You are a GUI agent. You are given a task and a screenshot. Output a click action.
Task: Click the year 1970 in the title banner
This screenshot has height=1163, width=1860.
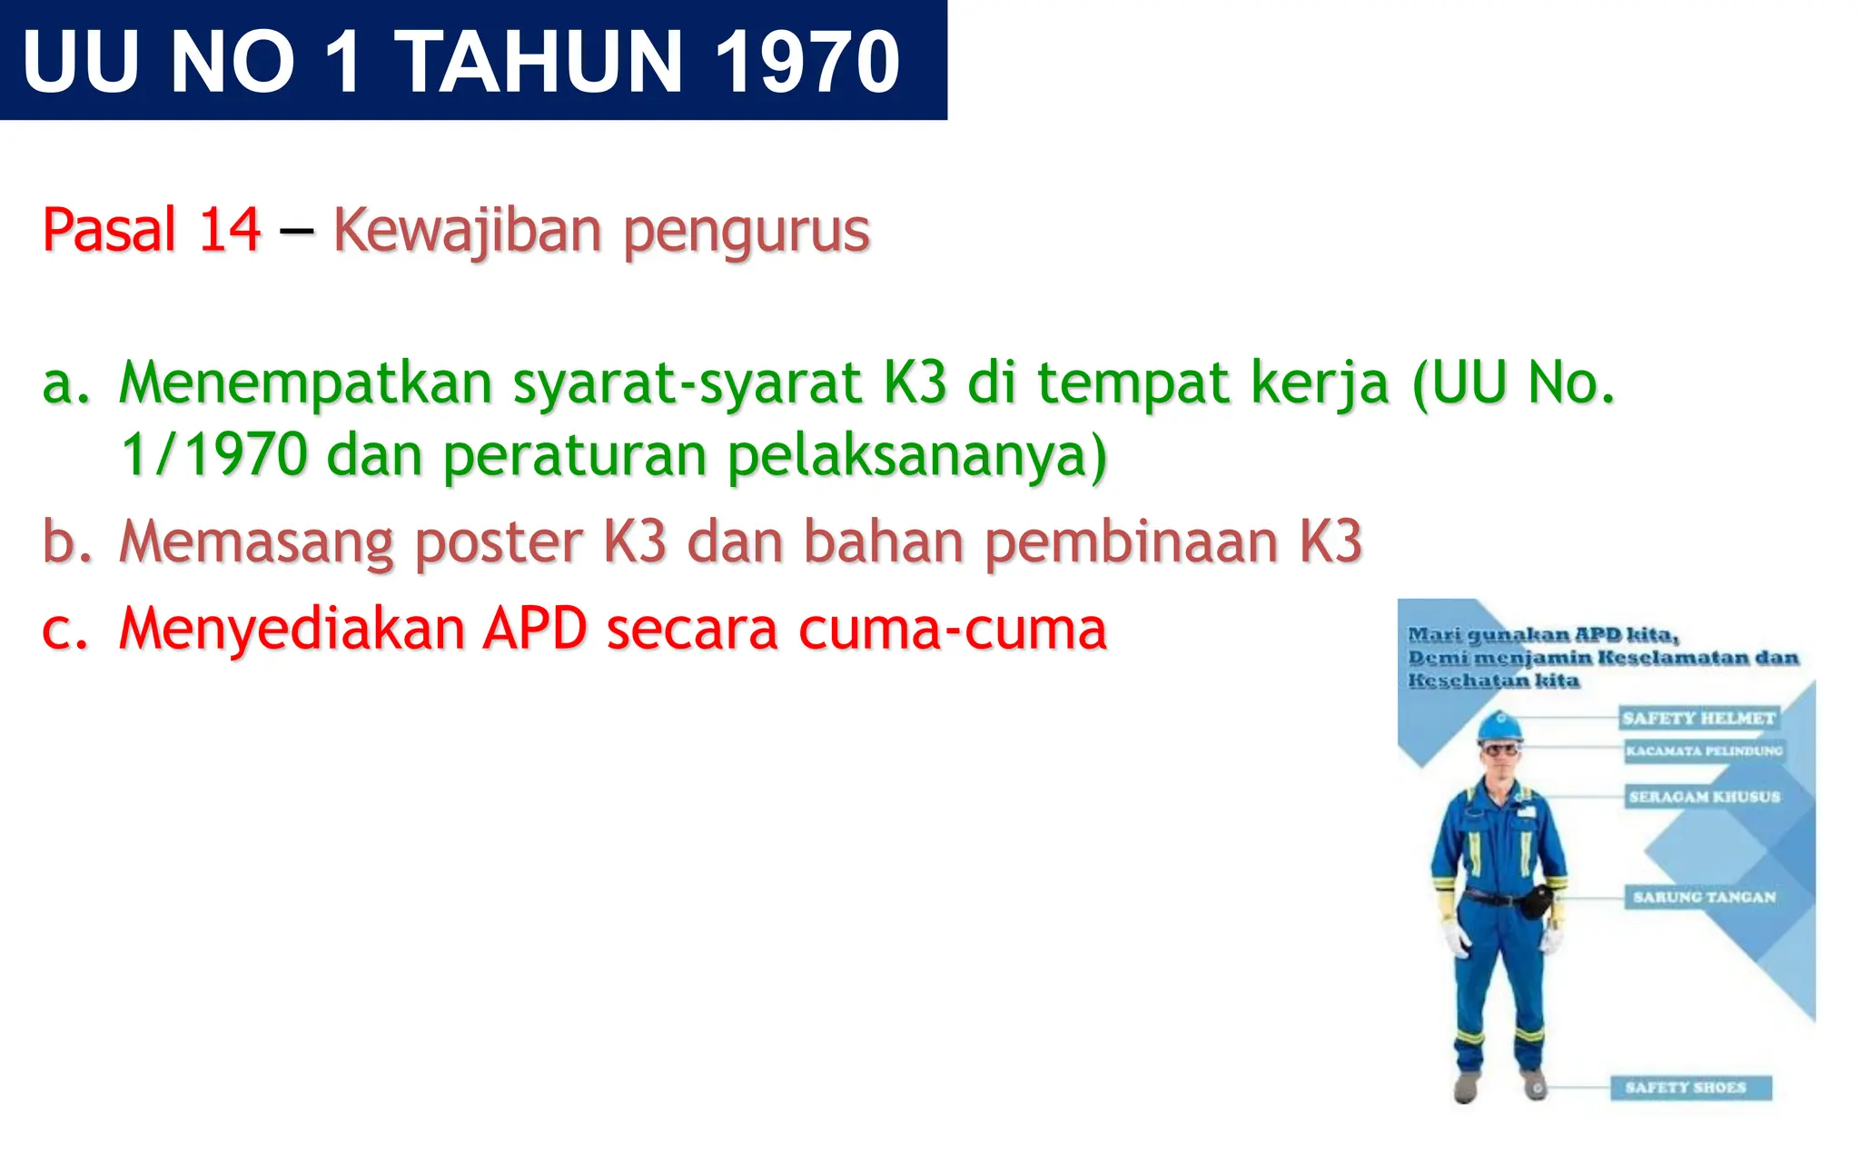(x=806, y=62)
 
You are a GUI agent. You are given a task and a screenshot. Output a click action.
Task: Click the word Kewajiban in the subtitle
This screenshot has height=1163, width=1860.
(x=467, y=231)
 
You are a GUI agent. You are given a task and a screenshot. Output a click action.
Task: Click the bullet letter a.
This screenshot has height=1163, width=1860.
(x=65, y=383)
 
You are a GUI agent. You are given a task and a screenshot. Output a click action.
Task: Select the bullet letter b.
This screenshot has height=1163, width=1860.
(x=67, y=542)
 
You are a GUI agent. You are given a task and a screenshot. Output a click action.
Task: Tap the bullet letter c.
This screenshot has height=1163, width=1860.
(x=65, y=629)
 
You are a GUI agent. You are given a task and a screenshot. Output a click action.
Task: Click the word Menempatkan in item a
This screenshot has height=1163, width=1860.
(x=306, y=383)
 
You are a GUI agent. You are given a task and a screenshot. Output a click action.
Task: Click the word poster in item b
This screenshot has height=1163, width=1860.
(x=498, y=543)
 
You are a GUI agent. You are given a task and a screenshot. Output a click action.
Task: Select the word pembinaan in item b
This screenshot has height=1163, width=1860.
(x=1130, y=543)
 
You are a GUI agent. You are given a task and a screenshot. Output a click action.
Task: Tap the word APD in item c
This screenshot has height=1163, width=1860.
(x=534, y=629)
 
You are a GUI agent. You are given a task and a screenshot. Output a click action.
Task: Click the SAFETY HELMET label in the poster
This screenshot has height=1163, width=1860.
(x=1698, y=718)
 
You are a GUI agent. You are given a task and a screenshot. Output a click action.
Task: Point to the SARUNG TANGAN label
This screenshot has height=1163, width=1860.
(x=1704, y=897)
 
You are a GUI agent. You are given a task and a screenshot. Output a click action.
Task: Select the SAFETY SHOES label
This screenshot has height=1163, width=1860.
(x=1686, y=1087)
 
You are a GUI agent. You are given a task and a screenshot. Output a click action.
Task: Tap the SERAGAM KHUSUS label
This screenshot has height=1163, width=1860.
(x=1704, y=797)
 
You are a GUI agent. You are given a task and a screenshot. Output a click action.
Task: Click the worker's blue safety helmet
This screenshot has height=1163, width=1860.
(x=1499, y=726)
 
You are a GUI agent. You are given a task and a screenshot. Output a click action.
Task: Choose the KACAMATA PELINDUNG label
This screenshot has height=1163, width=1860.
(x=1704, y=750)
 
